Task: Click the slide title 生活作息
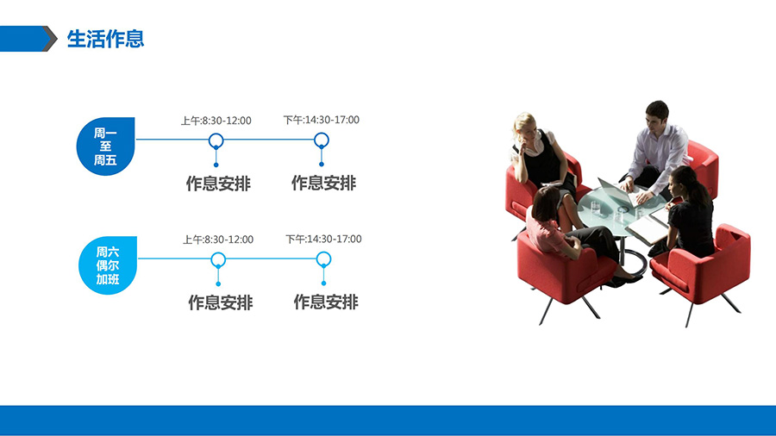pyautogui.click(x=105, y=39)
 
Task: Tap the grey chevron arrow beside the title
pyautogui.click(x=51, y=39)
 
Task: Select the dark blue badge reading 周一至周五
pyautogui.click(x=105, y=146)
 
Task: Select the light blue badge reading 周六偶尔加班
pyautogui.click(x=108, y=265)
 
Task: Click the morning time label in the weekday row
pyautogui.click(x=216, y=121)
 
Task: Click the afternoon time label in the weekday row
pyautogui.click(x=322, y=120)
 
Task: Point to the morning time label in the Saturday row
pyautogui.click(x=218, y=240)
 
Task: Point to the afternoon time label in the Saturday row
pyautogui.click(x=323, y=239)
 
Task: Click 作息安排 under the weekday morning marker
pyautogui.click(x=218, y=184)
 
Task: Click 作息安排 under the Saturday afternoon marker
pyautogui.click(x=326, y=302)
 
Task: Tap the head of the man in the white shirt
pyautogui.click(x=657, y=115)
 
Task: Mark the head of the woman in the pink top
pyautogui.click(x=546, y=202)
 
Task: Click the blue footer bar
pyautogui.click(x=388, y=420)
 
